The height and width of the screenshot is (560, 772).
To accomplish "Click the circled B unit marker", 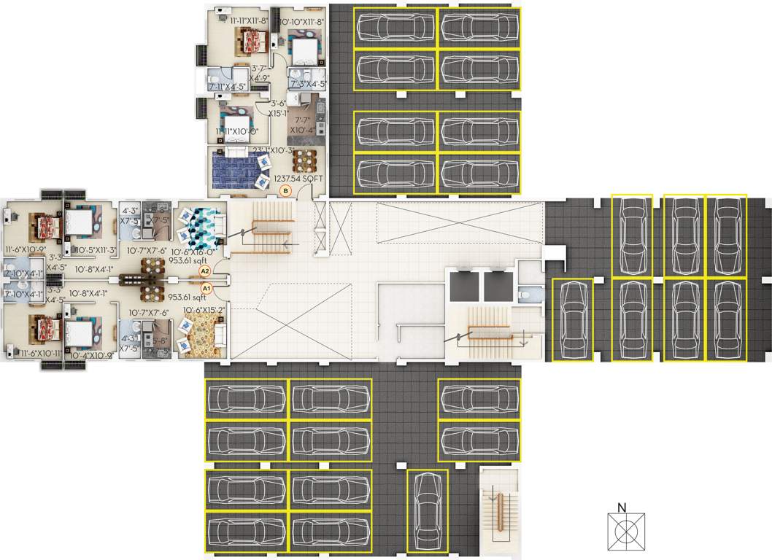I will click(286, 191).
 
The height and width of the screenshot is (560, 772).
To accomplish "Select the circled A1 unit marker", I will click(206, 288).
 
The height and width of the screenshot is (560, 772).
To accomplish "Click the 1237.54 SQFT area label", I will click(296, 178).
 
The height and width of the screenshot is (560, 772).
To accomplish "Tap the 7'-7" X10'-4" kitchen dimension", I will click(302, 124).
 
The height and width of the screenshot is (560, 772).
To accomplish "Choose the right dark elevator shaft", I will click(498, 287).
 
